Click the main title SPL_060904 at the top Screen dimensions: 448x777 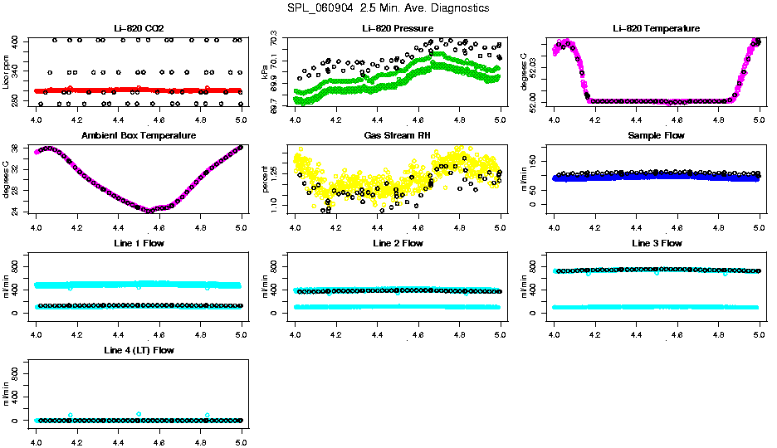[388, 8]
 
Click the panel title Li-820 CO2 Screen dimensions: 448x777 [139, 29]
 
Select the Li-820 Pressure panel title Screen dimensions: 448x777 [398, 29]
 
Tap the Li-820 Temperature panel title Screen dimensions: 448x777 [657, 29]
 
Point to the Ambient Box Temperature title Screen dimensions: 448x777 [139, 136]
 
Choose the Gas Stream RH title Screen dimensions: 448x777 [398, 136]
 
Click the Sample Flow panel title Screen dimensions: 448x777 [657, 136]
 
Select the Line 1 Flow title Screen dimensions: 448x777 [139, 243]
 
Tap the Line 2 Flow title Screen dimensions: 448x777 [398, 243]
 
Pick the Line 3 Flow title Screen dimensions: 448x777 [657, 243]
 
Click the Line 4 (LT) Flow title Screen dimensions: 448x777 [139, 350]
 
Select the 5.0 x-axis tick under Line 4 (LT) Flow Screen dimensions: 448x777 [241, 431]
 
